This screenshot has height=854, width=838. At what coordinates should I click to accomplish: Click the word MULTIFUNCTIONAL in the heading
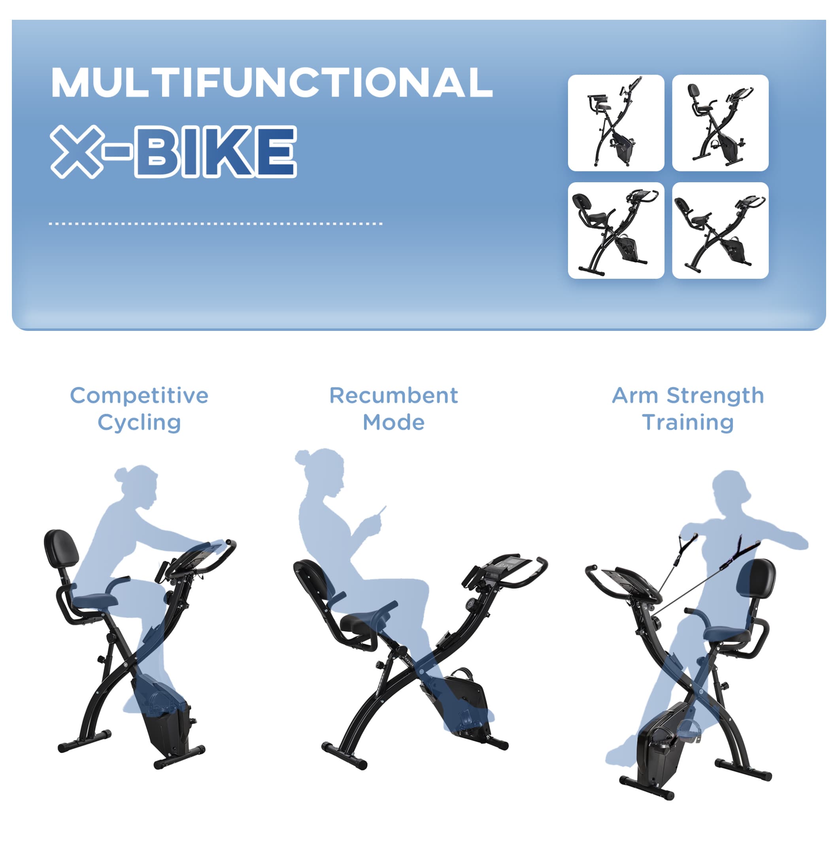[x=272, y=82]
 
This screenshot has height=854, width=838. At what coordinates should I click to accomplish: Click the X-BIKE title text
[x=174, y=152]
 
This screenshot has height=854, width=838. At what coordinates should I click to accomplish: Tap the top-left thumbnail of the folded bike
[x=616, y=123]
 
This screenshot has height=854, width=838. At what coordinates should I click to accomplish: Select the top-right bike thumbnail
[x=720, y=123]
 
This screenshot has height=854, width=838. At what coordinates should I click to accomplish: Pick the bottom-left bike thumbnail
[x=616, y=230]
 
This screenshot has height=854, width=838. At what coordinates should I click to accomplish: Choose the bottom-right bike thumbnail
[x=720, y=230]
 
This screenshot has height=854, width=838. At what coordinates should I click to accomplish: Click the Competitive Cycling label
[x=139, y=409]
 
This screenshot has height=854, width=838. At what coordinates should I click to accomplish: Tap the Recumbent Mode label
[x=393, y=409]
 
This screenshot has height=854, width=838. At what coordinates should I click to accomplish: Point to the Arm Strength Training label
[x=687, y=409]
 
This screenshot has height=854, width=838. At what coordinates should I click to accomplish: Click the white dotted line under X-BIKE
[x=216, y=224]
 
